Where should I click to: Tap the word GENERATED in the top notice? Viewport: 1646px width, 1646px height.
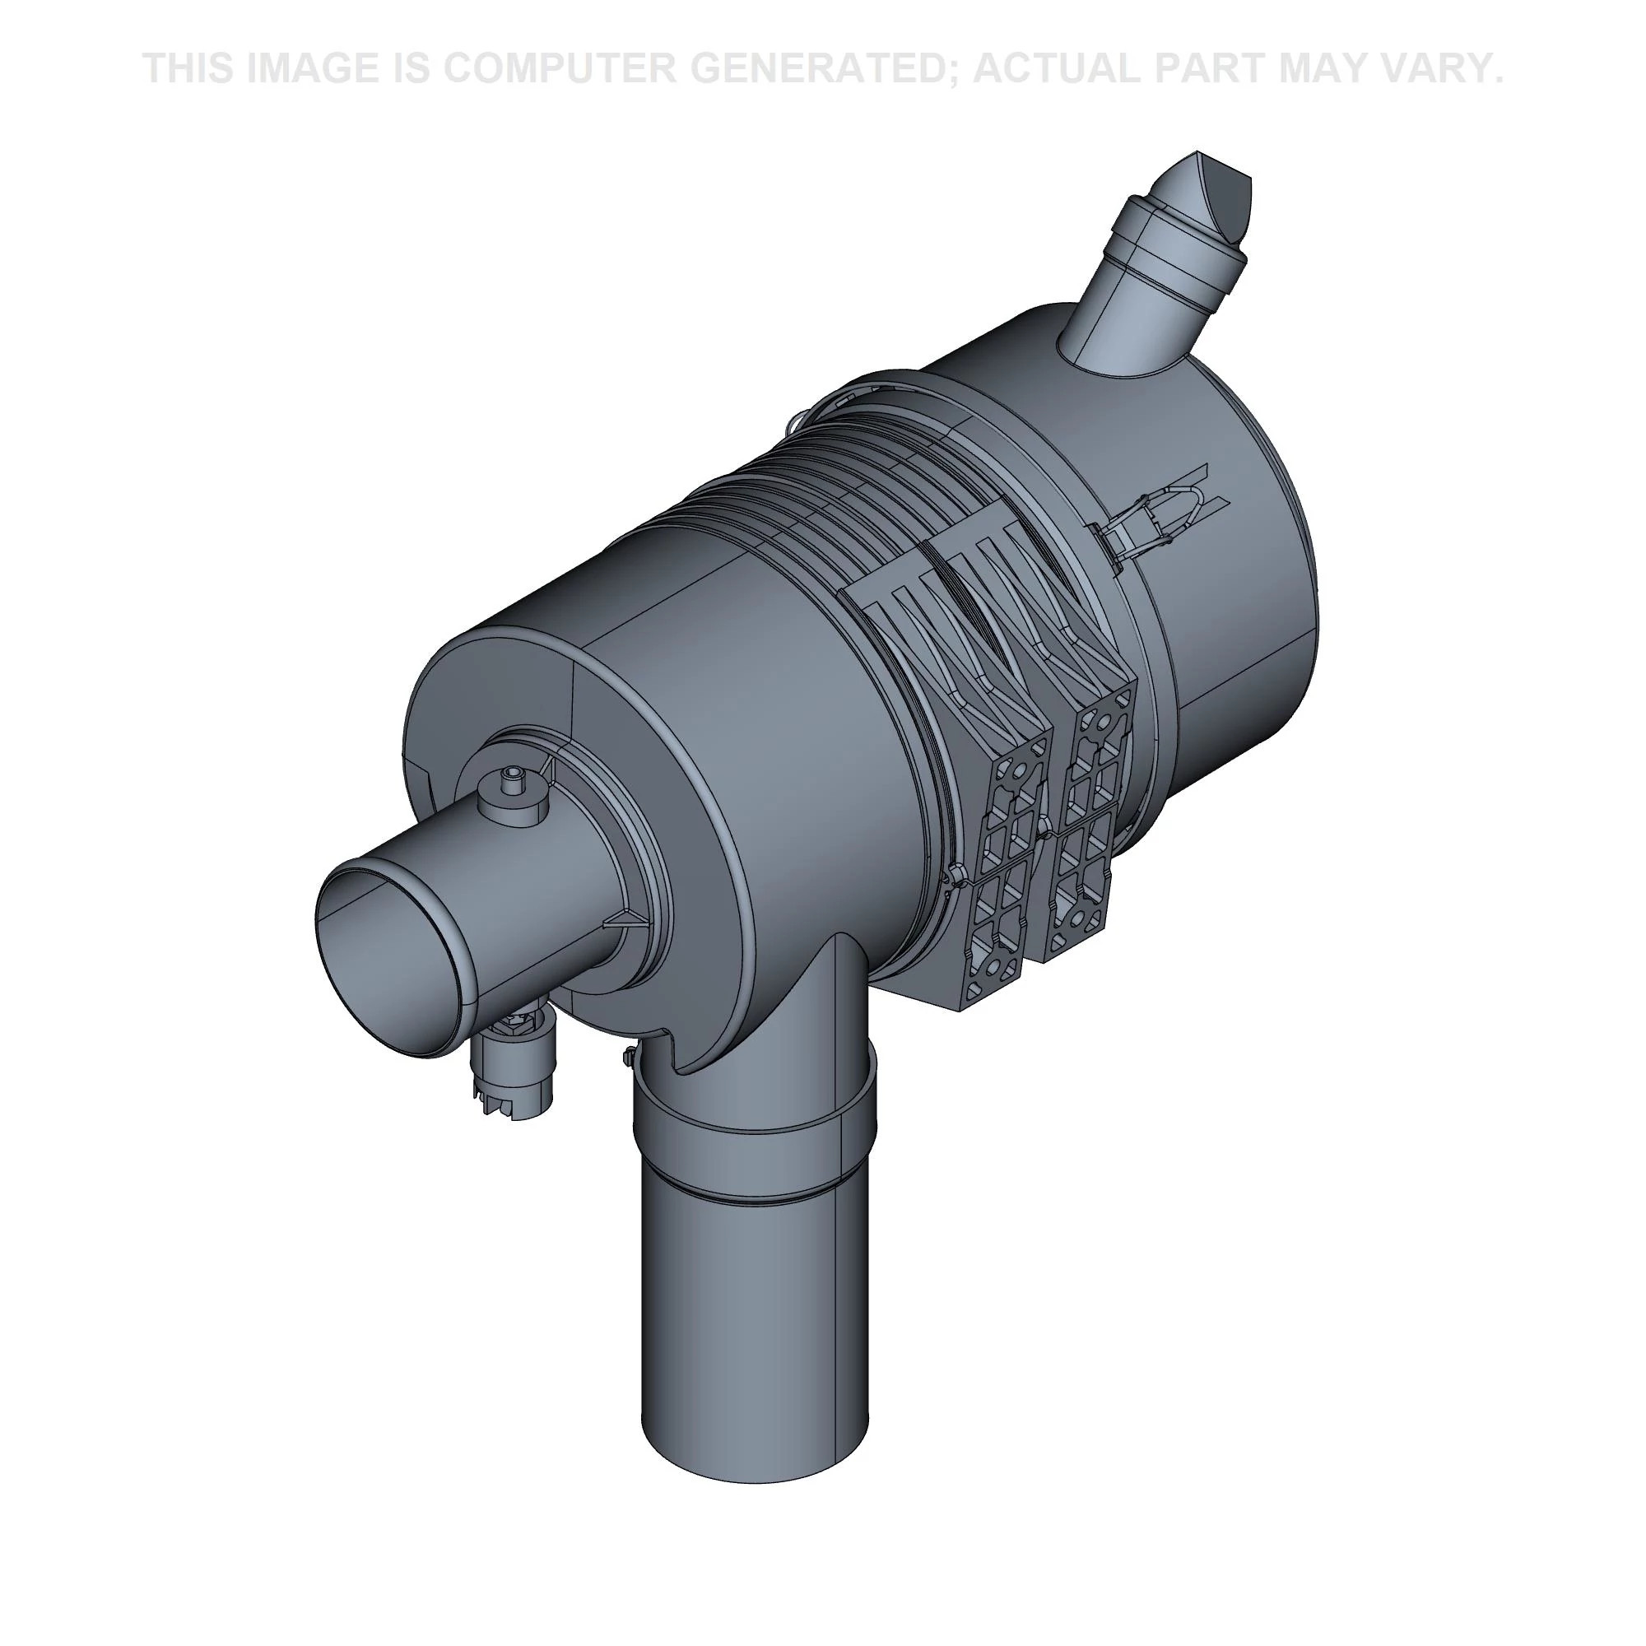(819, 68)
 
